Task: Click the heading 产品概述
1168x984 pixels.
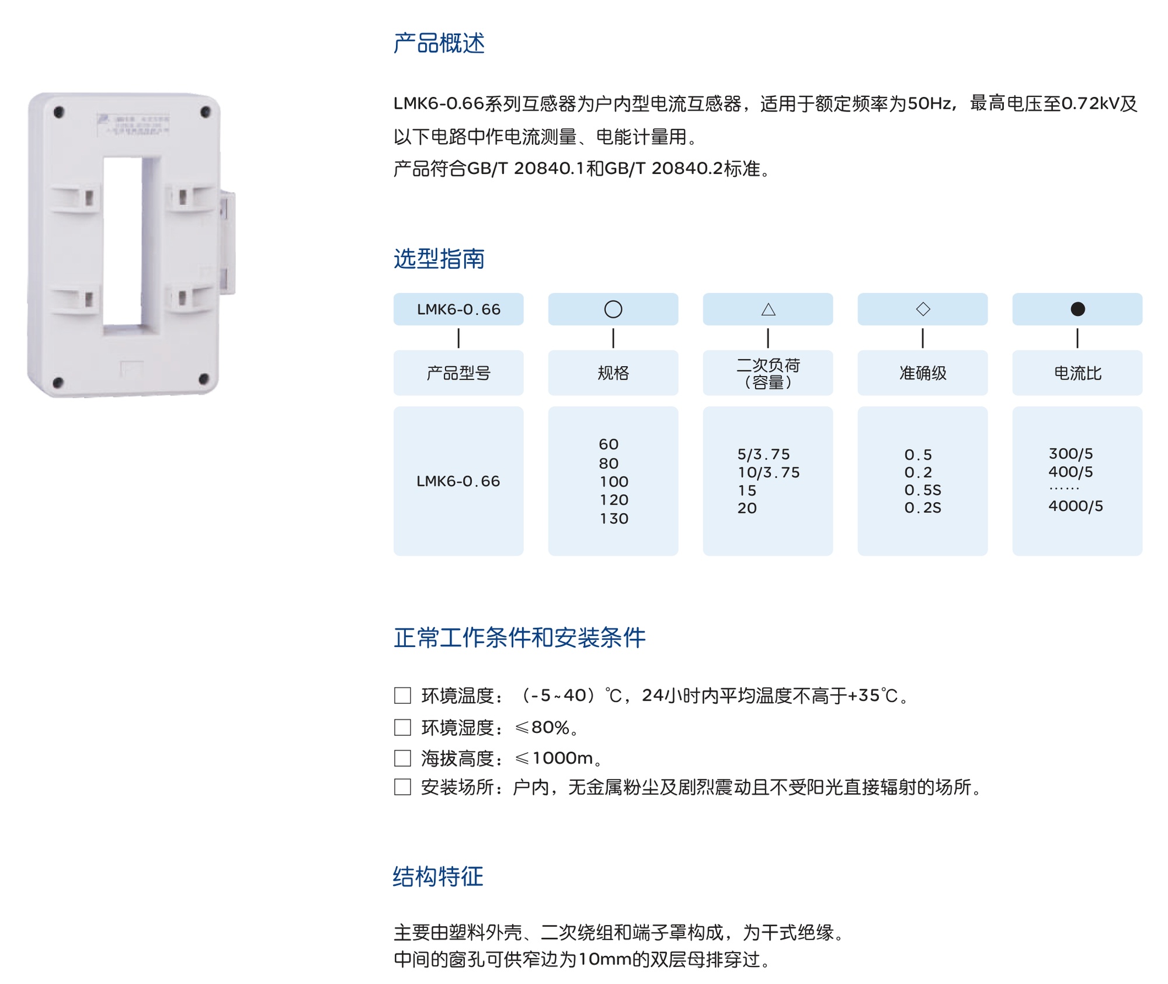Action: [439, 43]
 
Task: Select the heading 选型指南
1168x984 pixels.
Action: [439, 259]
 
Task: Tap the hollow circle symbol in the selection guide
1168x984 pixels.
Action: [613, 309]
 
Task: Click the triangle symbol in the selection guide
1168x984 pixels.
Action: [768, 310]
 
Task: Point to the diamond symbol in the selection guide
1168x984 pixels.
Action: [923, 309]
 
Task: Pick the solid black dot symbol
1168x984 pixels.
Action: [1077, 309]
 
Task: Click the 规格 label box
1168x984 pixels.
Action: [613, 373]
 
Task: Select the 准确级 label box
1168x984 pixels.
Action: [923, 373]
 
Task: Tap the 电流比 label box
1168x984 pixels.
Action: [1077, 373]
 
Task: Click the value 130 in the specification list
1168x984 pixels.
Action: [614, 519]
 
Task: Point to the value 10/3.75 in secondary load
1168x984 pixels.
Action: [769, 472]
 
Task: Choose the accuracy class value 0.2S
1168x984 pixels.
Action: [923, 508]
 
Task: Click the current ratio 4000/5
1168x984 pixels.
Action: [1076, 506]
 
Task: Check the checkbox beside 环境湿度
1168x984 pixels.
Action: [402, 727]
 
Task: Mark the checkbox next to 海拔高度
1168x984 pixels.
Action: [402, 758]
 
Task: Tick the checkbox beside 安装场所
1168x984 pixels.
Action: [402, 787]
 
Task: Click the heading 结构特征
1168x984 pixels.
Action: [438, 877]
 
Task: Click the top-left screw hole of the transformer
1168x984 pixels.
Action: [58, 112]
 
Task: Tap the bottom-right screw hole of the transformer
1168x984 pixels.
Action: [204, 380]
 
